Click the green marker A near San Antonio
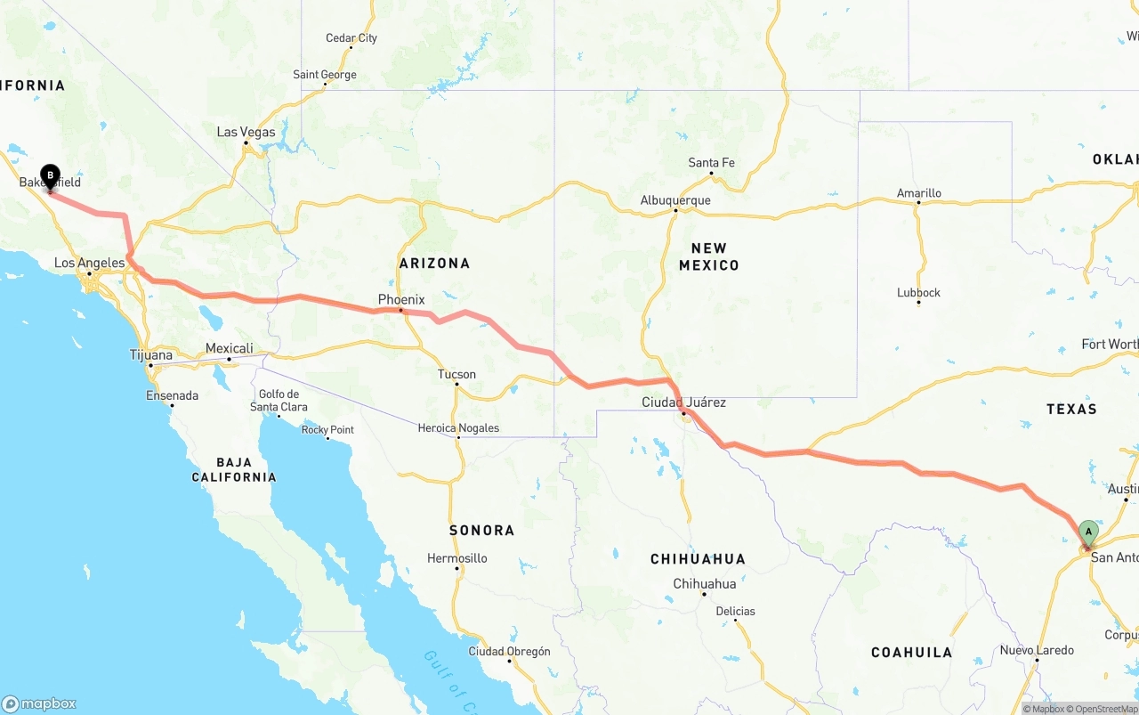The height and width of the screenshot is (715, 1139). point(1088,532)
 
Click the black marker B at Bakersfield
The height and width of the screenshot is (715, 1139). point(50,175)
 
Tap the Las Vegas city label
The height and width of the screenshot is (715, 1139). point(246,132)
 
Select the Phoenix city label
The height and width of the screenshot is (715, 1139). point(401,299)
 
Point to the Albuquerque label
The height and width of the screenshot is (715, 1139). point(675,200)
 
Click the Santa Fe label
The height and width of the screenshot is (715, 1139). point(711,162)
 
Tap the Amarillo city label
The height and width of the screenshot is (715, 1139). point(918,192)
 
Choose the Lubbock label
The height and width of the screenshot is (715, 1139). point(918,292)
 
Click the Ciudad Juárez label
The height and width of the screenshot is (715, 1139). point(683,402)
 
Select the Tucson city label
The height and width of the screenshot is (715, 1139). point(456,374)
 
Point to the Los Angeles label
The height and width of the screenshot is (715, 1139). point(89,263)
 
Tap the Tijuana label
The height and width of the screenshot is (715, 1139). point(151,354)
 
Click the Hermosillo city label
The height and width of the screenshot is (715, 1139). point(457,558)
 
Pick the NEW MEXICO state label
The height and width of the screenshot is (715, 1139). point(709,256)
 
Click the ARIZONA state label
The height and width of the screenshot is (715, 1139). point(434,263)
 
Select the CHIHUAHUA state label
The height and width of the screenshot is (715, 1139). point(698,559)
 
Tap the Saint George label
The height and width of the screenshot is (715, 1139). point(325,75)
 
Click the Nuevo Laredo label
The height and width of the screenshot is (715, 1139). point(1037,650)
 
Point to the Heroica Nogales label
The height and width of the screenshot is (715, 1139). point(458,428)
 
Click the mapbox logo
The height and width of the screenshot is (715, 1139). point(39,703)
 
